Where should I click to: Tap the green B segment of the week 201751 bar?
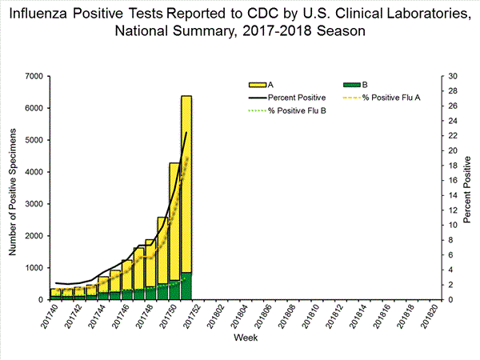186,286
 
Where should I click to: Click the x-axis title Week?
245,339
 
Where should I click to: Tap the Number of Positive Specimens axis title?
13,188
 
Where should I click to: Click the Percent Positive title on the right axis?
470,188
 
